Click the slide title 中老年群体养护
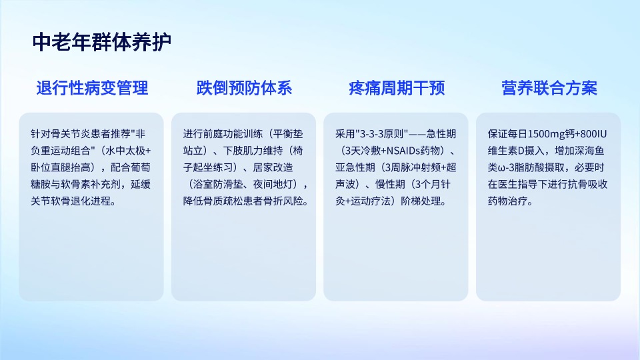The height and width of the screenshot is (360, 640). [x=101, y=43]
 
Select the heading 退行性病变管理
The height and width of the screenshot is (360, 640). [x=92, y=88]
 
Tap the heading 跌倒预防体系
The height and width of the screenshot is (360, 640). [x=244, y=88]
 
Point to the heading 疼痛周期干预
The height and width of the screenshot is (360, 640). [x=397, y=88]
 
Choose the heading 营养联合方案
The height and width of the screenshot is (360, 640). [x=549, y=88]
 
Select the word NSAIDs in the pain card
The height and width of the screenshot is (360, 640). [x=403, y=151]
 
